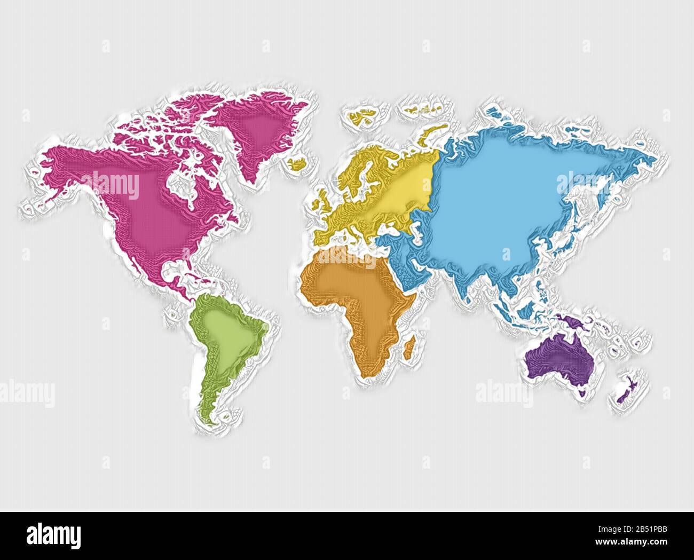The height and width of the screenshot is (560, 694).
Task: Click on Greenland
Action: pyautogui.click(x=256, y=128)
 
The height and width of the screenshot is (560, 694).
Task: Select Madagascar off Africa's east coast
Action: pyautogui.click(x=408, y=346)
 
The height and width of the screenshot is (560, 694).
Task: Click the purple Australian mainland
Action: pyautogui.click(x=561, y=358)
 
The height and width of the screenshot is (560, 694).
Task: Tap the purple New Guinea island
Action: pyautogui.click(x=571, y=322)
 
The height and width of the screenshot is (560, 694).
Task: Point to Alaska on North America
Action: pyautogui.click(x=59, y=165)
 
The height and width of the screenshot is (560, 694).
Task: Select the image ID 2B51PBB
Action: pyautogui.click(x=641, y=530)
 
